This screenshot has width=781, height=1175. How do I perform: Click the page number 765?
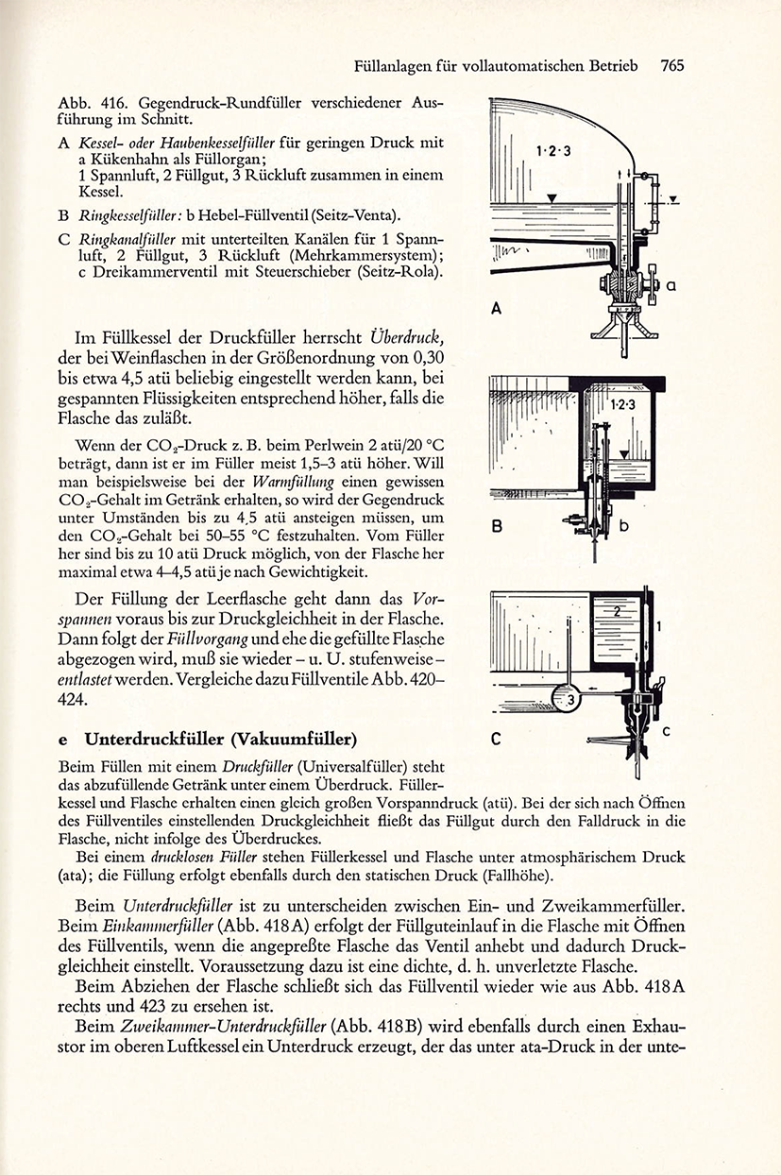tap(672, 65)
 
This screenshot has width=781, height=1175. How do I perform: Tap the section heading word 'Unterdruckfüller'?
tap(154, 739)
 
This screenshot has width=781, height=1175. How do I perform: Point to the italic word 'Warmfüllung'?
tap(293, 482)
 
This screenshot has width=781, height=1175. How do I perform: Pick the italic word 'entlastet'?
tap(84, 680)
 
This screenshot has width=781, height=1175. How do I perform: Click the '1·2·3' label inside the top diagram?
tap(553, 151)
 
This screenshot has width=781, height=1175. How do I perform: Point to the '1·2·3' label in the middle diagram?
tap(623, 404)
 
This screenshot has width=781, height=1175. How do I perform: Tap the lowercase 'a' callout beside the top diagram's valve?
tap(671, 286)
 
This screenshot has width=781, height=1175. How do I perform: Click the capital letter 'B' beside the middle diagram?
tap(498, 526)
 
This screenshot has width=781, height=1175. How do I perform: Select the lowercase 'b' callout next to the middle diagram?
tap(623, 525)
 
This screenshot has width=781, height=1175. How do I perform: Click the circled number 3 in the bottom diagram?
tap(571, 700)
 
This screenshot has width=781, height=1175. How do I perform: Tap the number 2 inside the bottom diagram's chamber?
tap(617, 611)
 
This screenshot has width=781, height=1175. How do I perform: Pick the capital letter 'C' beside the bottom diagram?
tap(497, 739)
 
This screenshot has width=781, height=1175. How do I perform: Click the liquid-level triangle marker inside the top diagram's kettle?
tap(552, 198)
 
